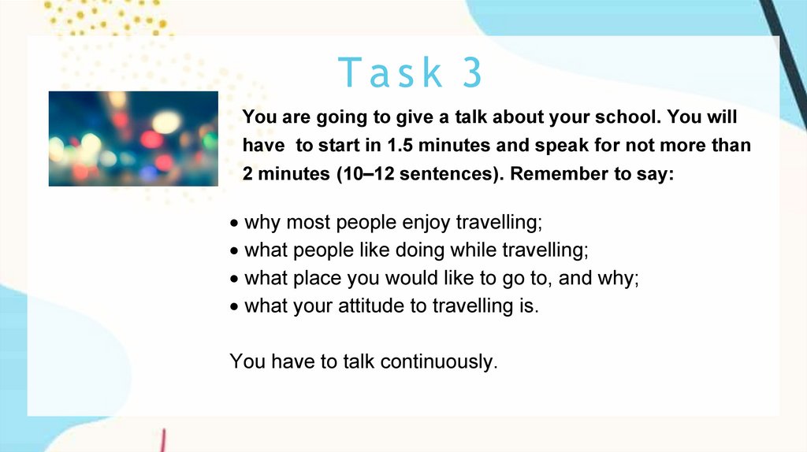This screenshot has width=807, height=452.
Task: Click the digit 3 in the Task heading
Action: (472, 72)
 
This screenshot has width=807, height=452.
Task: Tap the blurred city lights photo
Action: (133, 139)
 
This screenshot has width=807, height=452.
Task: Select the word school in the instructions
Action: (627, 117)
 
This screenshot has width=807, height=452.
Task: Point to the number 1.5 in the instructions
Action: (400, 145)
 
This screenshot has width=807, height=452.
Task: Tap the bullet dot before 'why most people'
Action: (235, 223)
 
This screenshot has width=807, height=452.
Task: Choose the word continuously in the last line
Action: (439, 361)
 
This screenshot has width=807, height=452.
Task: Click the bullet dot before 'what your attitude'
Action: (235, 307)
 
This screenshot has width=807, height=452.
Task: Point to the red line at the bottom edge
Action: (162, 441)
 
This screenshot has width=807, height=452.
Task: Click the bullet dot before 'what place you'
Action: (235, 280)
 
